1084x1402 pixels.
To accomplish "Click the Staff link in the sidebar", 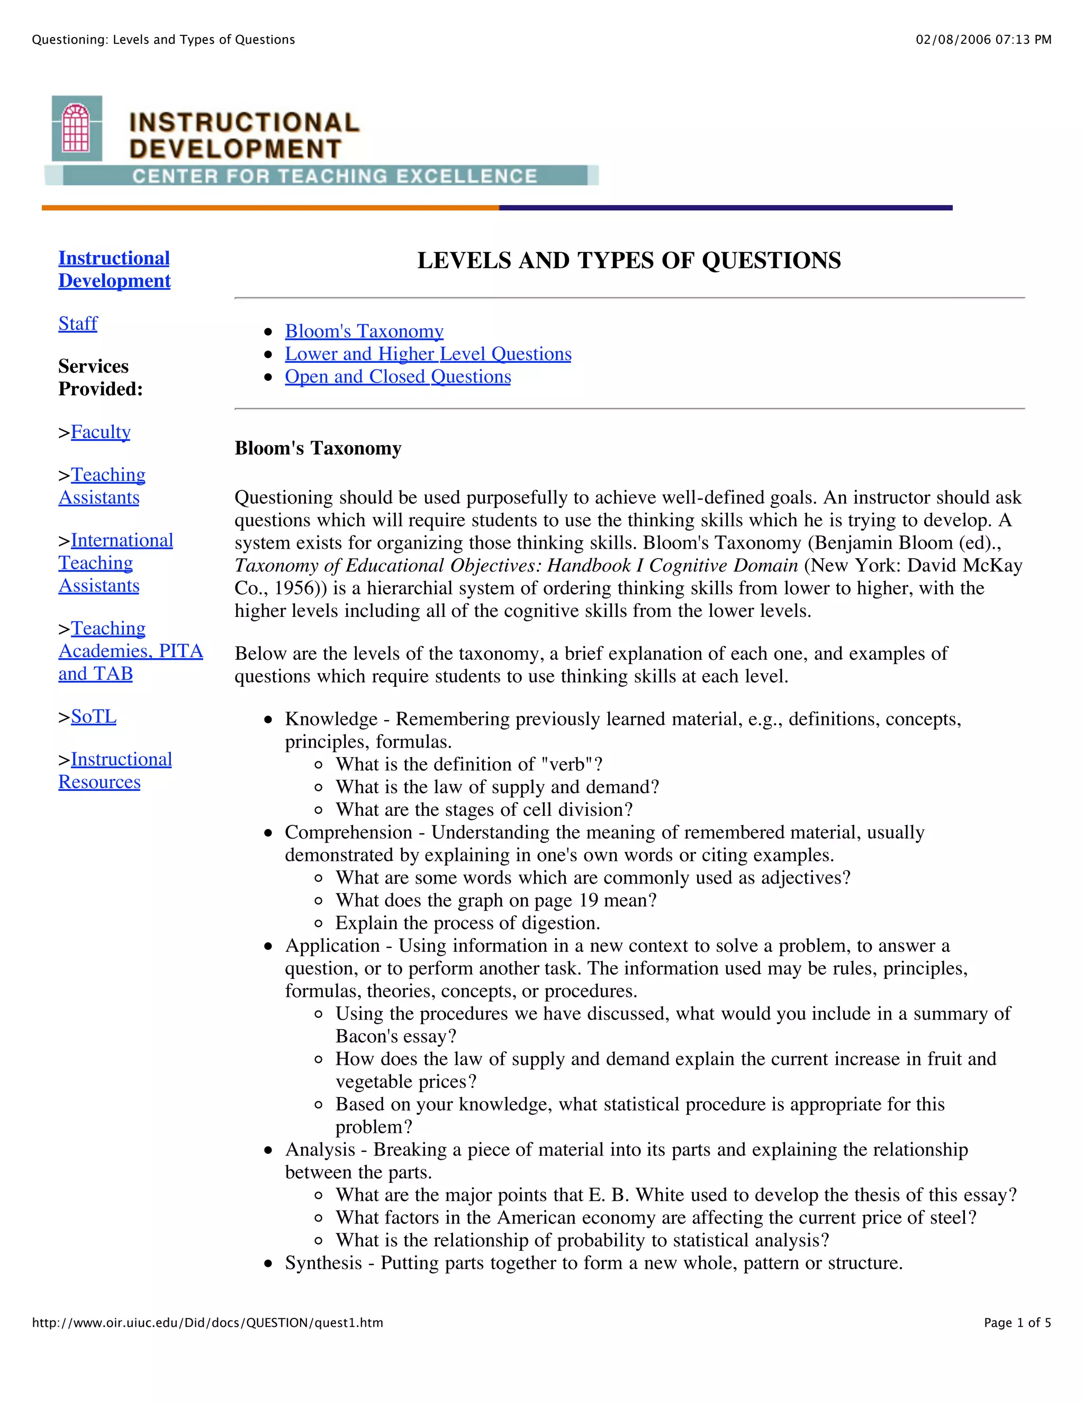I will (x=78, y=324).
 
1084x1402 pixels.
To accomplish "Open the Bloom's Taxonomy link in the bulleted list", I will (x=364, y=331).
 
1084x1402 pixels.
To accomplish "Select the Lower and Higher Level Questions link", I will (x=428, y=354).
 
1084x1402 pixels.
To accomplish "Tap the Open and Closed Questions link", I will (x=398, y=377).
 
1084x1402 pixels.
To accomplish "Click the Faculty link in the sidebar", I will (x=100, y=432).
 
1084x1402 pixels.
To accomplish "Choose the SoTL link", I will (x=94, y=716).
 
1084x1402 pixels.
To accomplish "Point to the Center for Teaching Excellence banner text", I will (x=334, y=176).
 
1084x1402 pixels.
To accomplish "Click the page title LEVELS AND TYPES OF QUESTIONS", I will (x=629, y=261).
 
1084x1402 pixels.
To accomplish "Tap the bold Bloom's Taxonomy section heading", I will (x=318, y=448).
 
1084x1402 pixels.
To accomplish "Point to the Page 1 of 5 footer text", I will (x=1017, y=1323).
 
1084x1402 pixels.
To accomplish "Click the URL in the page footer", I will (x=207, y=1323).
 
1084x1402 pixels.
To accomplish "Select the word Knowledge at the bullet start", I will (x=331, y=719).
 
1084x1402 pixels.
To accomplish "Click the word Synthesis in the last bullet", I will (x=323, y=1263).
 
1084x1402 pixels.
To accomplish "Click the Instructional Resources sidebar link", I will (x=115, y=770).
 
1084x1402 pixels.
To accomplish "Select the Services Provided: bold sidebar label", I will (x=100, y=377).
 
